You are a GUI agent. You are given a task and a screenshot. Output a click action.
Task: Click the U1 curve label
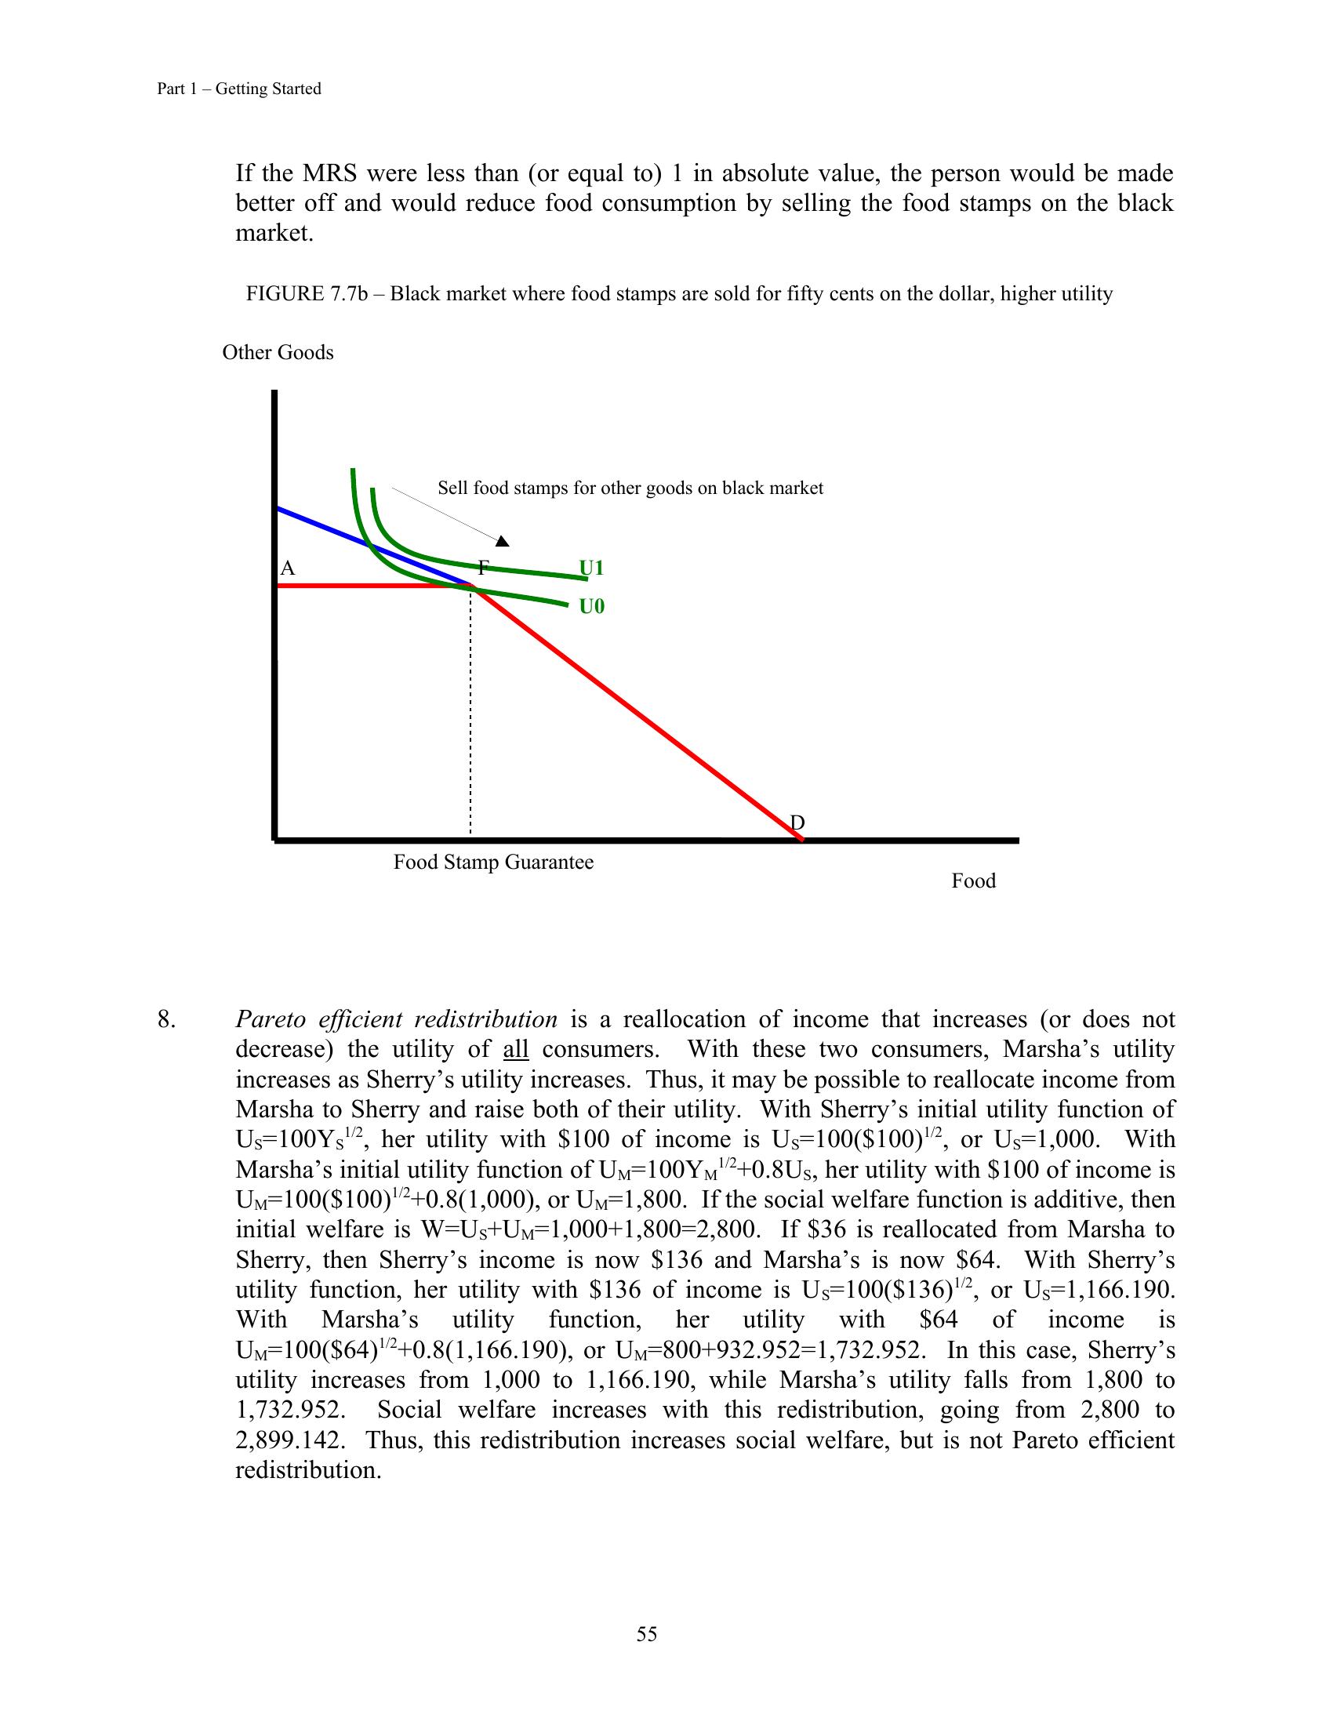(591, 568)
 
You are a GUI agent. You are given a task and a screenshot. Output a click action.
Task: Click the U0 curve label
(591, 607)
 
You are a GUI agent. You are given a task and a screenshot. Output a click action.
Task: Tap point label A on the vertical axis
(288, 568)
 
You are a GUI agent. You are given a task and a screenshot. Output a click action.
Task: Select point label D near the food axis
(797, 823)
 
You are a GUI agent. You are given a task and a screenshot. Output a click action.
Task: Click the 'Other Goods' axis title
(278, 352)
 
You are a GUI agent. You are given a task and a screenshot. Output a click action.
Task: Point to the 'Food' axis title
(973, 881)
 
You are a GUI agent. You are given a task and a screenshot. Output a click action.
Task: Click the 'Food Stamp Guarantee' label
(493, 862)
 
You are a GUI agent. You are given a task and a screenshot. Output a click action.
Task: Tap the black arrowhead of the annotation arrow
(503, 541)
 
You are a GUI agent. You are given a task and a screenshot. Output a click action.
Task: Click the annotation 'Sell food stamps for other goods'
(630, 488)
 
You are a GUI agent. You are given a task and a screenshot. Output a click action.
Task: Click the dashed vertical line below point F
(470, 711)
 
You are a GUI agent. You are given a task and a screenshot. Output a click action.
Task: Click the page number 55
(647, 1634)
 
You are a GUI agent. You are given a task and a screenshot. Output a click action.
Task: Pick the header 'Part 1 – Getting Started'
(239, 89)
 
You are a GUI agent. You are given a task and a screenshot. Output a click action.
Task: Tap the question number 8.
(166, 1019)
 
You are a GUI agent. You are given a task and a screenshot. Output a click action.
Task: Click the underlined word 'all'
(516, 1050)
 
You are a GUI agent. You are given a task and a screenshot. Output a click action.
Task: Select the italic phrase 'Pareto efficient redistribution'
(397, 1019)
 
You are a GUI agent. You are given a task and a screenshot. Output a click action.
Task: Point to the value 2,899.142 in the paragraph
(290, 1440)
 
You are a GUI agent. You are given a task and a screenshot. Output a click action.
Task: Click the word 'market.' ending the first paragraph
(274, 234)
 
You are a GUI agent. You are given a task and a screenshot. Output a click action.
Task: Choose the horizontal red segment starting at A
(371, 586)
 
